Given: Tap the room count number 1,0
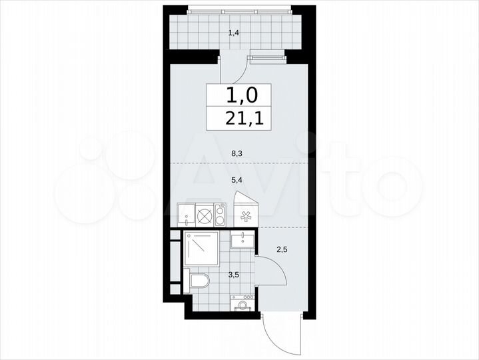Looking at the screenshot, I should (240, 95).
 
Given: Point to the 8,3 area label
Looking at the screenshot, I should (237, 153).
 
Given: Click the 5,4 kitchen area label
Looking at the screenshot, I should (237, 179).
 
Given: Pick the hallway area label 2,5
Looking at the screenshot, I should (282, 250).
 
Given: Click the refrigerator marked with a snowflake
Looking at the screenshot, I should (245, 216).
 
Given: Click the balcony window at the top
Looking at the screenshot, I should (240, 9).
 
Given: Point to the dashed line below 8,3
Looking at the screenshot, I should (237, 162).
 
